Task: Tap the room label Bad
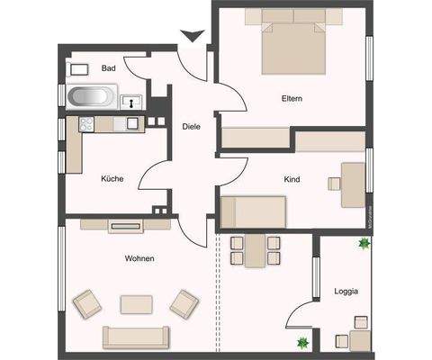pos(109,68)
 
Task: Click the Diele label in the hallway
pos(191,127)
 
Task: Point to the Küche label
pos(112,178)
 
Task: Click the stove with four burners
pos(87,124)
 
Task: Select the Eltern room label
pos(292,98)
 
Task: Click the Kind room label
pos(292,180)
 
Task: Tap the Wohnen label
pos(139,258)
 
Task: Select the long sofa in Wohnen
pos(136,337)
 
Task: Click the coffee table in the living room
pos(137,303)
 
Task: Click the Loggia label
pos(346,291)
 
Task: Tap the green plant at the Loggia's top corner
pos(364,242)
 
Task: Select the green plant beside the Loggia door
pos(303,340)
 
